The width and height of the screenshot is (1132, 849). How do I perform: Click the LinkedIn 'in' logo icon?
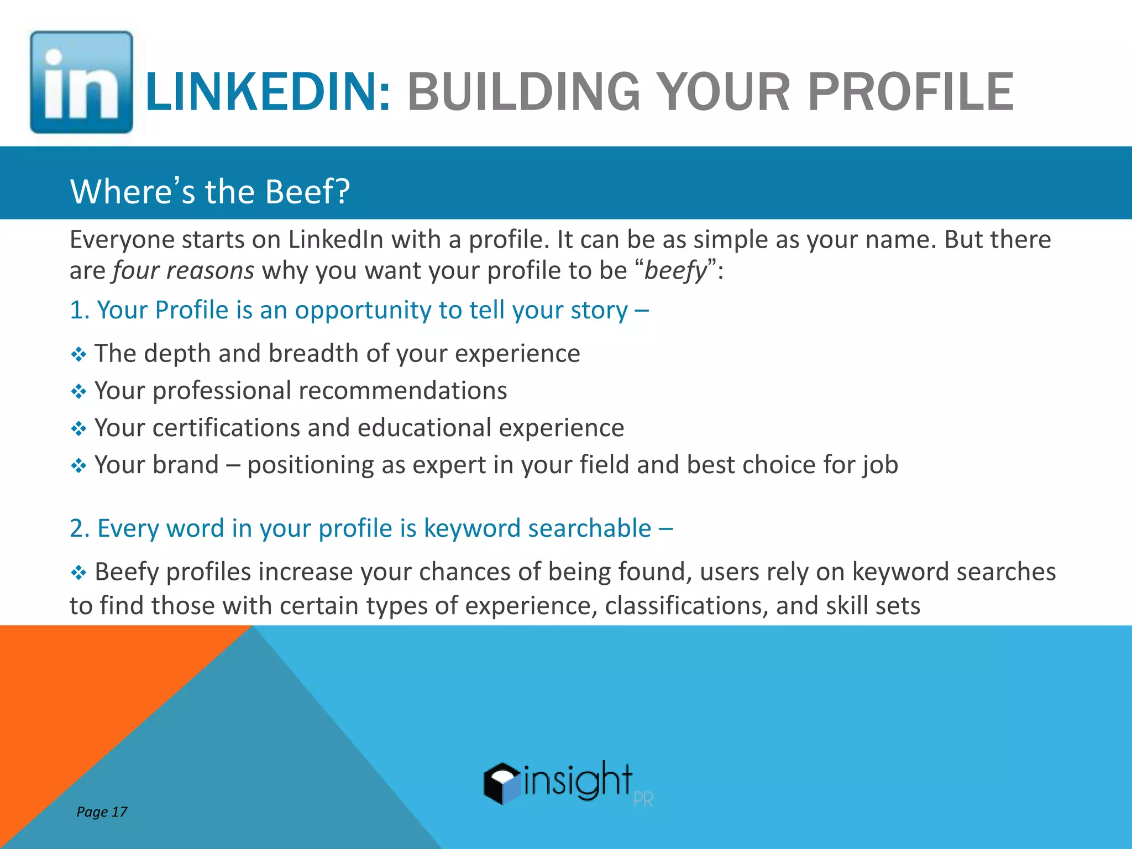(x=81, y=82)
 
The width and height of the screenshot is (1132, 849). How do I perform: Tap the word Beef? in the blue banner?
(x=307, y=192)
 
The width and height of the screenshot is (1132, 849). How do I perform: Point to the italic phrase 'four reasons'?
(x=184, y=271)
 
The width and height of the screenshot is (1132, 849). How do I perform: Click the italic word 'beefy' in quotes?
(x=675, y=271)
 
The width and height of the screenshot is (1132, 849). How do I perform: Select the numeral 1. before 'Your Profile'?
(x=80, y=310)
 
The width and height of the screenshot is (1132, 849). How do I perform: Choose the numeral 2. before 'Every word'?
(x=80, y=528)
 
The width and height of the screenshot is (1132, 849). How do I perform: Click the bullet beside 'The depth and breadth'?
(x=78, y=354)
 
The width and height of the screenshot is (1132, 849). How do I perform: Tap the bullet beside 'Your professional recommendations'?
(x=78, y=392)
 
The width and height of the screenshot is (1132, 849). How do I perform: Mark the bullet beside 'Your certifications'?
(x=78, y=429)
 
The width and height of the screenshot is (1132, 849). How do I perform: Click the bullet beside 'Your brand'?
(x=78, y=466)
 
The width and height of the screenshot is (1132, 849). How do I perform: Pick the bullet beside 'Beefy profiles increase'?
(x=78, y=573)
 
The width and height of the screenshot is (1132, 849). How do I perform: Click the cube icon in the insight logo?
(x=502, y=783)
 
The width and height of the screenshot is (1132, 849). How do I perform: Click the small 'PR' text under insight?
(x=643, y=800)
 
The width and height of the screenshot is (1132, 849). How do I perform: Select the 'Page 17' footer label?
(x=102, y=811)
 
